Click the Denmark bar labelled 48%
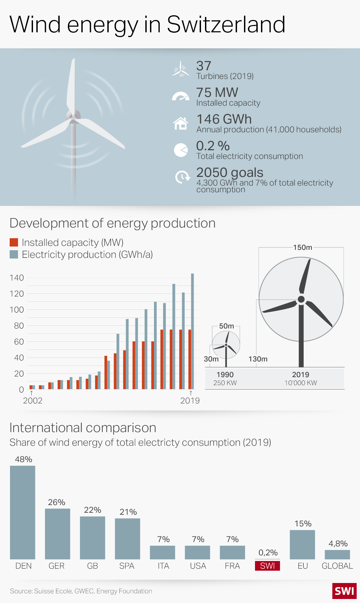pos(22,512)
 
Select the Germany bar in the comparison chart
pos(57,534)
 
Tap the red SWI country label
pos(267,566)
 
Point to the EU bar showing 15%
pos(302,544)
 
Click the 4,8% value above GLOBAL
pos(338,544)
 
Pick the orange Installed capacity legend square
pos(14,243)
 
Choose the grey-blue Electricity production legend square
pos(14,255)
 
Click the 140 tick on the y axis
pos(17,278)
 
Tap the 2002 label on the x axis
pos(33,400)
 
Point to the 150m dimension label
pos(303,248)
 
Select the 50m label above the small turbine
pos(226,326)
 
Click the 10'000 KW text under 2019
pos(301,383)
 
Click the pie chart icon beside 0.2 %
pos(181,150)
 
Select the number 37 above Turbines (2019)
pos(204,66)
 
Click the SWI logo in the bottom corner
pos(344,591)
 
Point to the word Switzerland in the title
pos(226,25)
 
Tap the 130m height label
pos(258,359)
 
